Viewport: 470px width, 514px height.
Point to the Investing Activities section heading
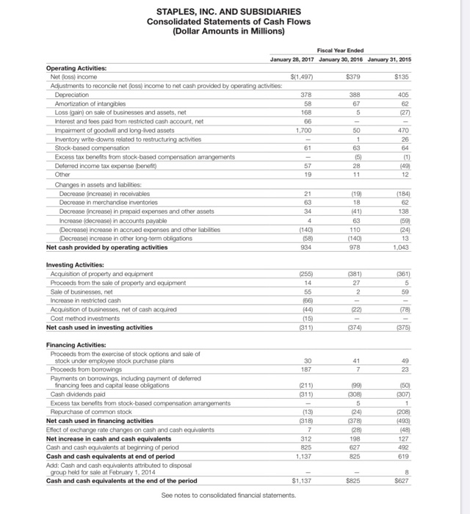point(74,264)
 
